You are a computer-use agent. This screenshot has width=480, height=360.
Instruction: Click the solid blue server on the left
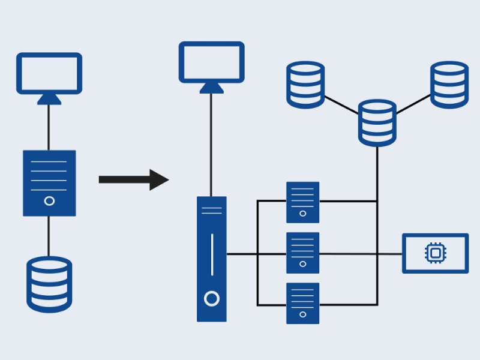(x=49, y=183)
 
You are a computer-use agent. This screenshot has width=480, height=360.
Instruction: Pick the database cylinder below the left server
(x=49, y=284)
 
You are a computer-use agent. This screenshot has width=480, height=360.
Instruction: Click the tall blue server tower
(x=212, y=259)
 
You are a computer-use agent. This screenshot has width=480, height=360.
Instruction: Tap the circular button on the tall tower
(x=211, y=298)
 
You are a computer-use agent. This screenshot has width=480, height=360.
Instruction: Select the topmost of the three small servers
(x=302, y=201)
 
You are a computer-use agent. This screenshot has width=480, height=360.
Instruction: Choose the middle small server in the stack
(x=302, y=253)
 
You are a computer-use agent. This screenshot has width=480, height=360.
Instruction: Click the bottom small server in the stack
(x=302, y=302)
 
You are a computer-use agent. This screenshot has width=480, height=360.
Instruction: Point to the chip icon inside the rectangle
(x=435, y=253)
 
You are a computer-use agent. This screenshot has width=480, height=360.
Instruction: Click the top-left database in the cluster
(x=305, y=85)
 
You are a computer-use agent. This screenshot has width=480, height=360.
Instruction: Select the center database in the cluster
(x=377, y=123)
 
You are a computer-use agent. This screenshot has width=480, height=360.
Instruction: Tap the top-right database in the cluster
(x=449, y=85)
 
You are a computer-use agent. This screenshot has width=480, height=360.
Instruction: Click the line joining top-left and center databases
(x=341, y=105)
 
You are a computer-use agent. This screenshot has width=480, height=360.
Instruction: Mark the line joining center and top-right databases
(x=413, y=104)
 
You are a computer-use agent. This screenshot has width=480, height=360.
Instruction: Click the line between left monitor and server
(x=49, y=127)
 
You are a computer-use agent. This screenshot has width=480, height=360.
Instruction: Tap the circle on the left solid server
(x=50, y=201)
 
